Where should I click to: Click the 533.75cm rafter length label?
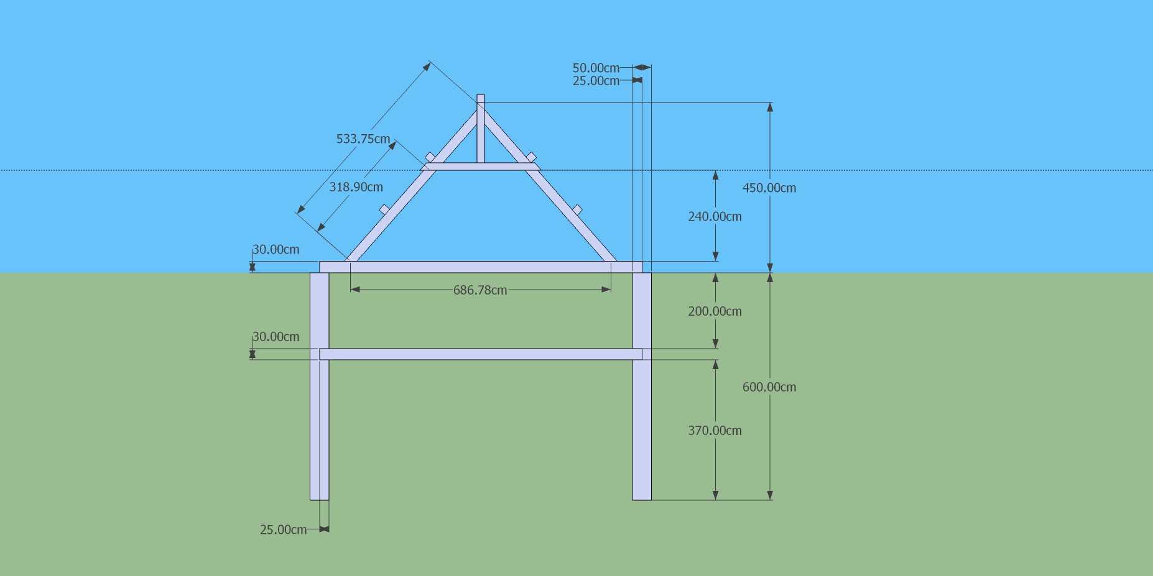(363, 139)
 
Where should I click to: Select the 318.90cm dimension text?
(356, 187)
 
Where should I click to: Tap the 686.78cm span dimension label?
(480, 290)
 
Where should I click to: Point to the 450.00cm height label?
(769, 188)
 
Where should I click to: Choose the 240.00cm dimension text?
(715, 217)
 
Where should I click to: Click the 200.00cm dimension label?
(715, 311)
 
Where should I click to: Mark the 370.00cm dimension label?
(715, 431)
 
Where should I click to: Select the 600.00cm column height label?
(769, 387)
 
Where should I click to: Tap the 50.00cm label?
(596, 68)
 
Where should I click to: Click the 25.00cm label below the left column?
(283, 530)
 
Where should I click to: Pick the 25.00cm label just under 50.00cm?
(596, 81)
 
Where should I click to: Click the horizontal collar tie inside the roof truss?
(480, 167)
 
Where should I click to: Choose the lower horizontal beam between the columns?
(480, 354)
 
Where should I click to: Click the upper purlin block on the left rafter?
(430, 157)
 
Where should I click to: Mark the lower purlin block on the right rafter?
(577, 209)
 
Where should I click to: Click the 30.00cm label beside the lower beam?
(276, 337)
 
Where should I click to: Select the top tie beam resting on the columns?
(480, 267)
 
